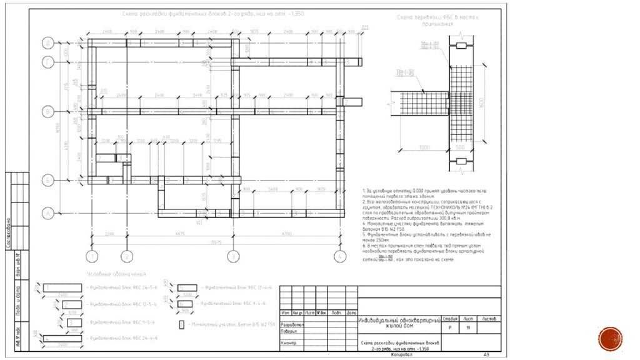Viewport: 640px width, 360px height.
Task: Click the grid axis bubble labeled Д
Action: (x=47, y=42)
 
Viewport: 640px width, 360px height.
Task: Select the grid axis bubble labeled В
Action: (x=47, y=111)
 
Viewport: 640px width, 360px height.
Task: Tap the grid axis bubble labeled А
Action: (x=47, y=213)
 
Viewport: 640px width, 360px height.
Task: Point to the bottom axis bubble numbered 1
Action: (x=91, y=256)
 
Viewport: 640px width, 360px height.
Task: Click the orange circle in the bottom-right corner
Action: (x=610, y=339)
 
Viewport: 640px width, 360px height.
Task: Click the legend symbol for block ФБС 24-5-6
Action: (x=62, y=287)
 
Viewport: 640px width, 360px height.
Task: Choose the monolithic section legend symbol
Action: (x=181, y=324)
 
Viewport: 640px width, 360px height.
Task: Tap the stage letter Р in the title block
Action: (x=449, y=327)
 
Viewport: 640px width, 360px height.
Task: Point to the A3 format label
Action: (x=486, y=355)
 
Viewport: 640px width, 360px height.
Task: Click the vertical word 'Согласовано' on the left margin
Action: (x=9, y=232)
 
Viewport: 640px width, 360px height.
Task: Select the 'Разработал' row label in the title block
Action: (x=292, y=325)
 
